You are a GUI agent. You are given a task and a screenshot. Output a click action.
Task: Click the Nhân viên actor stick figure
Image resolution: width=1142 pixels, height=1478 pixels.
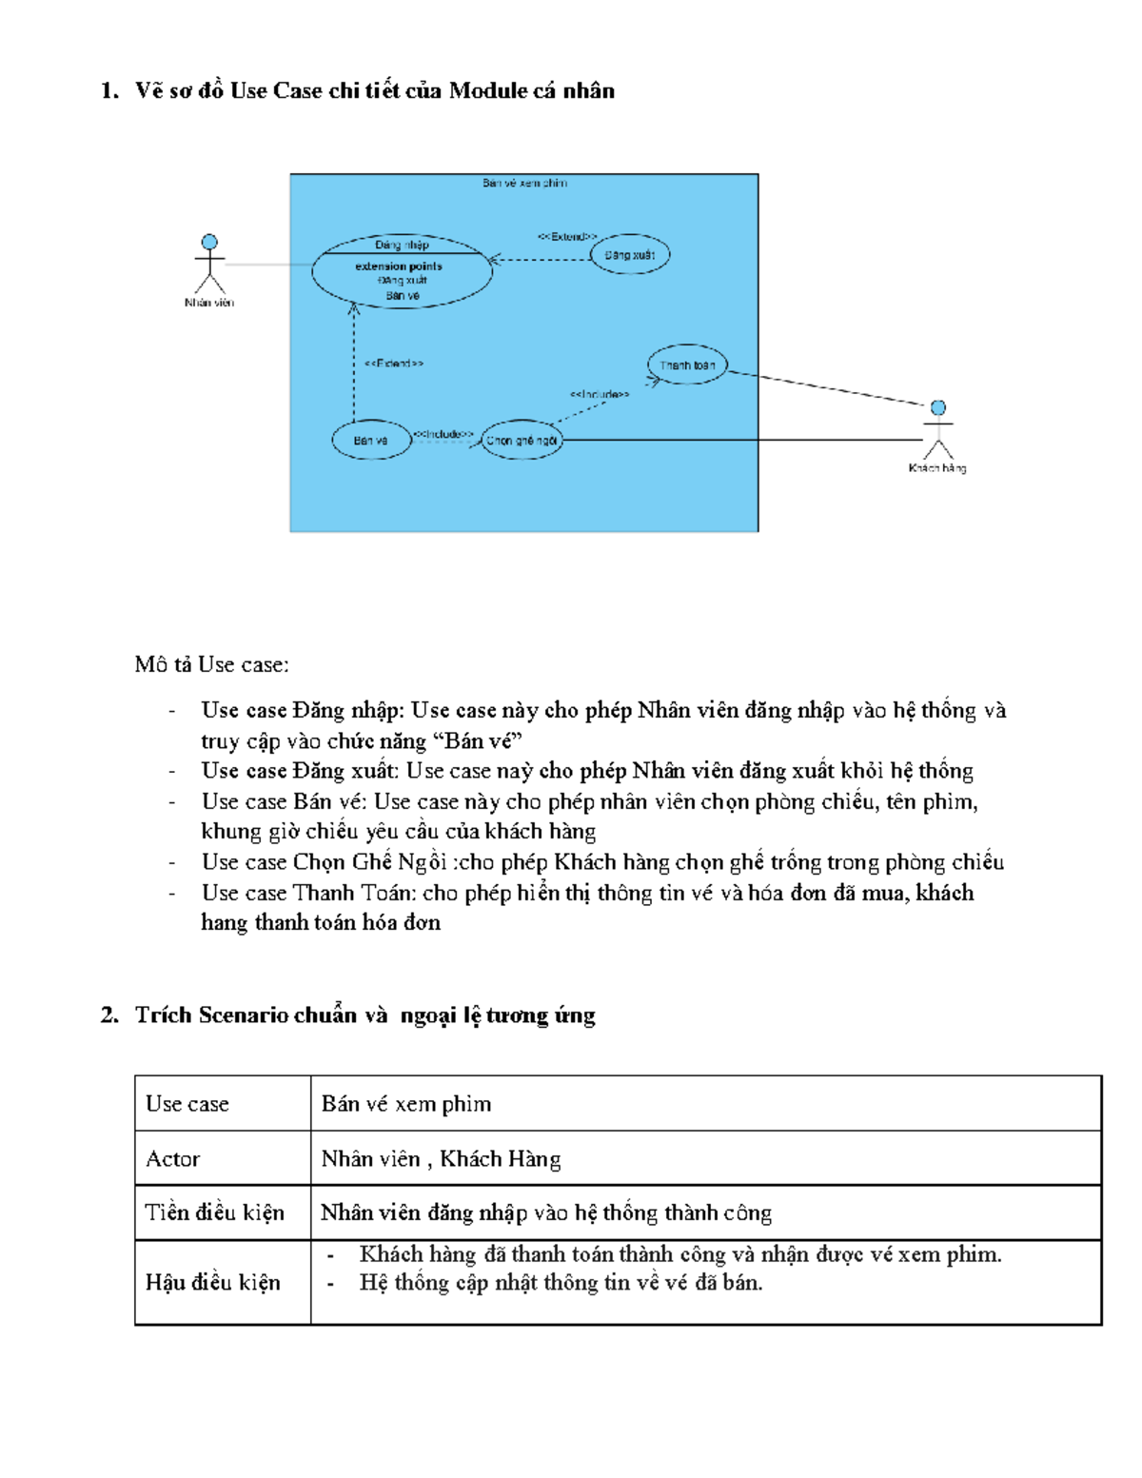[x=209, y=265]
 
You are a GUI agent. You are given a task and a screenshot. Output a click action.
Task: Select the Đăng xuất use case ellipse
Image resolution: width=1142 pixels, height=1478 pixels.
[x=630, y=255]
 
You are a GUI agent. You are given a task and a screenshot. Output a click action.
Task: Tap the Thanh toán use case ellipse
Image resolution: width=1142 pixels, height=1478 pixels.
[x=687, y=365]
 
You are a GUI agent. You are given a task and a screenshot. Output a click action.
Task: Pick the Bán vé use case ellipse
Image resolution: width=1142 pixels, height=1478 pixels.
[x=371, y=440]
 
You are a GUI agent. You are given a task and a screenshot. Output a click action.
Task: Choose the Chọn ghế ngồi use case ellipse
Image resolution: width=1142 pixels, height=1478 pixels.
[x=522, y=440]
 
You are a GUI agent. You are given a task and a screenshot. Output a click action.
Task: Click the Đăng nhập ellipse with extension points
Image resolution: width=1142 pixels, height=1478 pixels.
[x=402, y=271]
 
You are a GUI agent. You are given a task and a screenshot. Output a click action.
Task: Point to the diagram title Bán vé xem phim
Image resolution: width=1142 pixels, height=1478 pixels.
[x=524, y=183]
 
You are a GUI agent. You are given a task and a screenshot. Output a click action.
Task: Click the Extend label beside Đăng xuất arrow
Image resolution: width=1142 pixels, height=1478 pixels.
[x=567, y=237]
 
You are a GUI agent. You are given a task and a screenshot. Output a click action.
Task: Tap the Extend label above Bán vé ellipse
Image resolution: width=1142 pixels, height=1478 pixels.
[x=393, y=363]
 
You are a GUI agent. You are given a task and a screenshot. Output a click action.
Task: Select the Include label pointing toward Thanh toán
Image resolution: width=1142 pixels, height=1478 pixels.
[x=599, y=394]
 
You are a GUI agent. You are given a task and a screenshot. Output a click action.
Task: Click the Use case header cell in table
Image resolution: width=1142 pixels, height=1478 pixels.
[x=187, y=1104]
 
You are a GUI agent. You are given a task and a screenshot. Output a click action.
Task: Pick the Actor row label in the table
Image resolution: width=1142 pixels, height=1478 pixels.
[x=173, y=1159]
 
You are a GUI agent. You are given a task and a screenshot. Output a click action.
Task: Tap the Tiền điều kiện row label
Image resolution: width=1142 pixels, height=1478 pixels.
[x=214, y=1212]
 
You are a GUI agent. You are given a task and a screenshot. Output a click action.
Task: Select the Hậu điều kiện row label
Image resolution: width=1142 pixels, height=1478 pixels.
[x=212, y=1283]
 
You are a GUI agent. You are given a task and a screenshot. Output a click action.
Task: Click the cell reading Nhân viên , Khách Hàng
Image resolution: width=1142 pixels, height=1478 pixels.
[x=441, y=1159]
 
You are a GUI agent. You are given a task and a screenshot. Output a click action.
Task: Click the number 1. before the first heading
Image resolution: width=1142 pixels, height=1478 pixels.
[x=109, y=91]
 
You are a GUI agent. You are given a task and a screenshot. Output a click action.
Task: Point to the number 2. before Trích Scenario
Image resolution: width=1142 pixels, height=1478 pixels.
[x=109, y=1015]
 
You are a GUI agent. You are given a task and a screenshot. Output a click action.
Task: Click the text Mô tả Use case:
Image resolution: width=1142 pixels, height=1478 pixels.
[x=211, y=664]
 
